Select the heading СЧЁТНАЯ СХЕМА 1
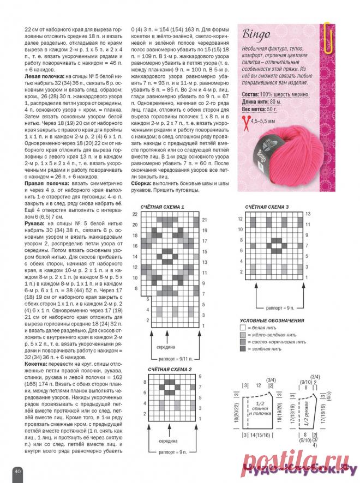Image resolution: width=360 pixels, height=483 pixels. (163, 208)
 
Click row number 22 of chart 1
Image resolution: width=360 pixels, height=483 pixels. (135, 215)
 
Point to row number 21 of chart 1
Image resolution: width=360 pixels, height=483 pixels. (205, 220)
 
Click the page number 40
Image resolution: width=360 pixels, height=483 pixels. (17, 470)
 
